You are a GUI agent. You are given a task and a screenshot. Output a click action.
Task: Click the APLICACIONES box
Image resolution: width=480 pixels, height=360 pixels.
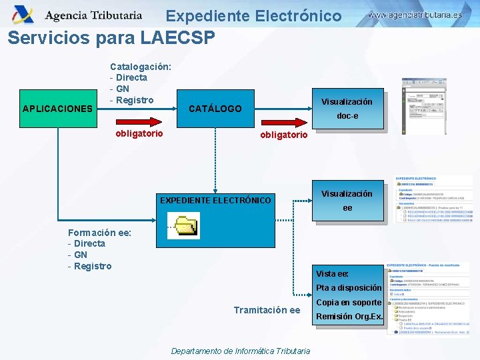pyautogui.click(x=57, y=108)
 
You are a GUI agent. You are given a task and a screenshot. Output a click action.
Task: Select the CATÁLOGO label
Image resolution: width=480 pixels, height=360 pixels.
pyautogui.click(x=215, y=108)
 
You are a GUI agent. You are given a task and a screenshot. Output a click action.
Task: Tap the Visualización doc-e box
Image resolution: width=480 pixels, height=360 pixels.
pyautogui.click(x=347, y=109)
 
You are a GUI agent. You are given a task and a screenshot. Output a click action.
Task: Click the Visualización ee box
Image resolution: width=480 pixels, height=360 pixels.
pyautogui.click(x=347, y=201)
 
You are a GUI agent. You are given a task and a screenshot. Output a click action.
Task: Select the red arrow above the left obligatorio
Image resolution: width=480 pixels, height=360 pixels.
pyautogui.click(x=139, y=121)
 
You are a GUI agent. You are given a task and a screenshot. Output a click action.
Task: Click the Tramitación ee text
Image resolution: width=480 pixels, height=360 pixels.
pyautogui.click(x=267, y=310)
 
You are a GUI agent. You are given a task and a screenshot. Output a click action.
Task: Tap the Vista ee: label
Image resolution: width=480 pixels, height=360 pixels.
pyautogui.click(x=332, y=273)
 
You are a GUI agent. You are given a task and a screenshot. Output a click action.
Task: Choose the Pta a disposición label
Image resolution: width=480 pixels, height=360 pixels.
pyautogui.click(x=349, y=288)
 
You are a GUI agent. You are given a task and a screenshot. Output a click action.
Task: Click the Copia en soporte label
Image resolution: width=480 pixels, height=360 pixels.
pyautogui.click(x=349, y=303)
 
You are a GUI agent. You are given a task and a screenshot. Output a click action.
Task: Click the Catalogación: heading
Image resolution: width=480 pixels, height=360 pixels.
pyautogui.click(x=141, y=67)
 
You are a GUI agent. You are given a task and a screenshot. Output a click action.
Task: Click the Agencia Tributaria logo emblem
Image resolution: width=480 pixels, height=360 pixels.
pyautogui.click(x=23, y=14)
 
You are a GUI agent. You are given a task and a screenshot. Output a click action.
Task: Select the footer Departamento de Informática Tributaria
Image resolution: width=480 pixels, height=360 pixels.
pyautogui.click(x=240, y=351)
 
